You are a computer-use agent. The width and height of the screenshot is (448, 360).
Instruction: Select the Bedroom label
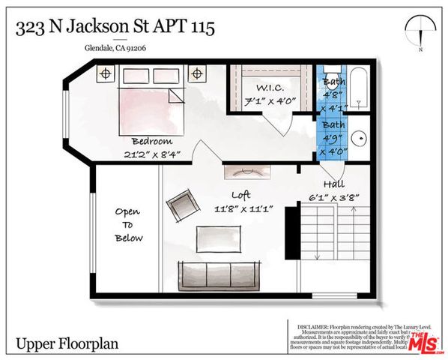(x=152, y=141)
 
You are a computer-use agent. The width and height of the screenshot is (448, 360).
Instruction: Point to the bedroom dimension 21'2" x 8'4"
(x=152, y=154)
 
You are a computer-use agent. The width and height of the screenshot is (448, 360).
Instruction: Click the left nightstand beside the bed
(x=106, y=73)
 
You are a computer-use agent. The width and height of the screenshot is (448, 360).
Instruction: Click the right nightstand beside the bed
(x=197, y=73)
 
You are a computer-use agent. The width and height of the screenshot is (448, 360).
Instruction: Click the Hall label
(x=334, y=183)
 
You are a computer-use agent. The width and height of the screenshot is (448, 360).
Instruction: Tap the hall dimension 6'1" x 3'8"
(x=336, y=196)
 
